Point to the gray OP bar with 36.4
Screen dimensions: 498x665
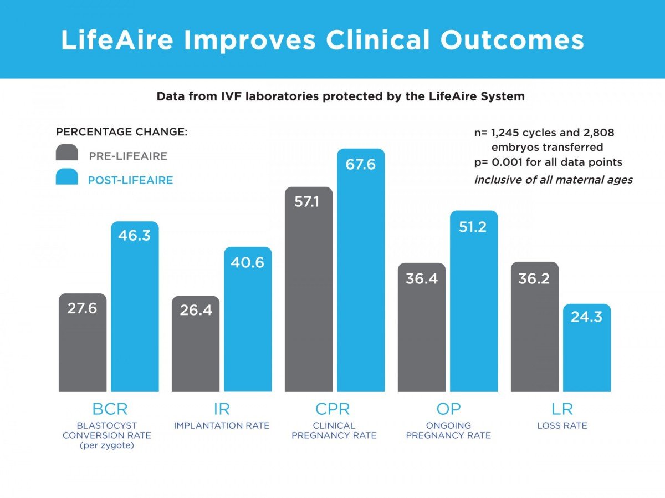pyautogui.click(x=422, y=333)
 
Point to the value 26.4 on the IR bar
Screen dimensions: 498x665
pyautogui.click(x=196, y=310)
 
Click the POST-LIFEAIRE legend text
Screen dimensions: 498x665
pyautogui.click(x=130, y=180)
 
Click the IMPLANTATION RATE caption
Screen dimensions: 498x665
pyautogui.click(x=222, y=426)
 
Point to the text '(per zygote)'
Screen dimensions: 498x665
pyautogui.click(x=106, y=445)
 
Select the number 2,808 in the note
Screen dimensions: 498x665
pyautogui.click(x=595, y=133)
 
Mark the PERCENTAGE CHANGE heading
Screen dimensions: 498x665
pyautogui.click(x=122, y=133)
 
